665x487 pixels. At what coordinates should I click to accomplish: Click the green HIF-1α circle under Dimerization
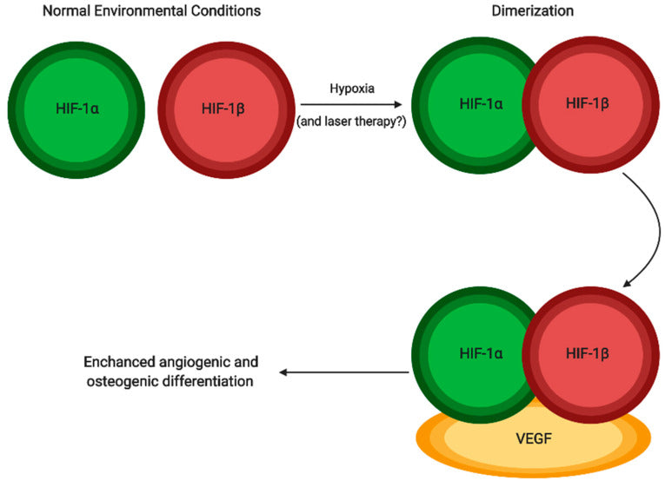pos(469,104)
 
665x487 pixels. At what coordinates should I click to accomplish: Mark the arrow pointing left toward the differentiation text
pos(343,372)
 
